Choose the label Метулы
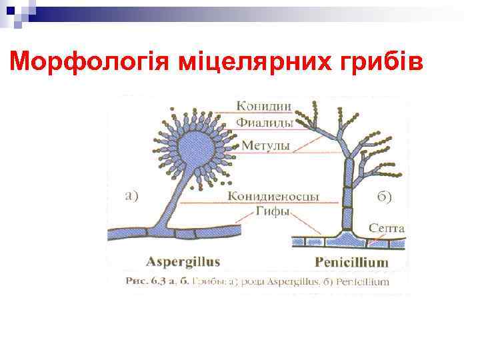tap(265, 145)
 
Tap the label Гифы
tap(273, 213)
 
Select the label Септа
tap(387, 228)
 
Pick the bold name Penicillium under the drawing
tap(351, 262)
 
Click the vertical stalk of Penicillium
tap(347, 193)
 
